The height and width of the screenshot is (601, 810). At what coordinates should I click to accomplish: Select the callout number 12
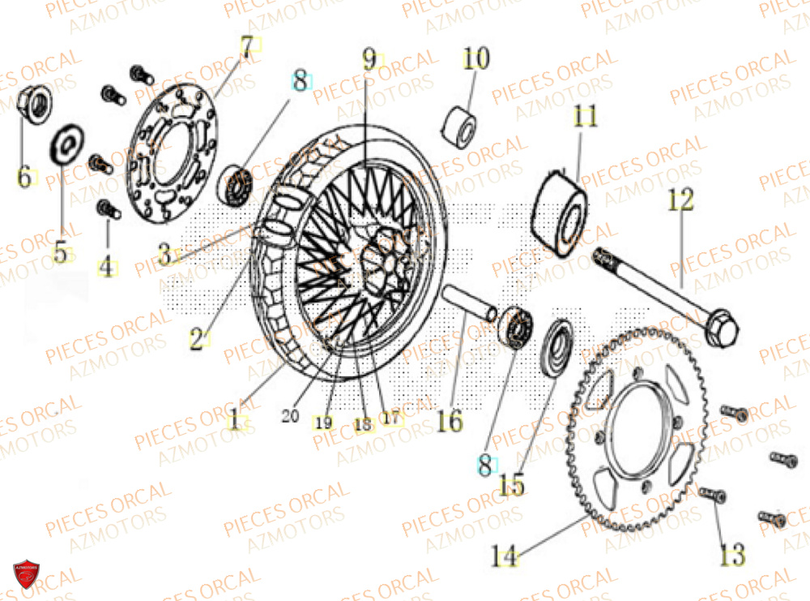pos(680,200)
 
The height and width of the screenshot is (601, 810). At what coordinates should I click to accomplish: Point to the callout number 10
pos(476,58)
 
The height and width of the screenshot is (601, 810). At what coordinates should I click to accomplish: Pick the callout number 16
pos(450,421)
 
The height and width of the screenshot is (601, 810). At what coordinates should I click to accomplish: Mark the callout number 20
pos(290,416)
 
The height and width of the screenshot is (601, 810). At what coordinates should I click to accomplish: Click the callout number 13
pos(732,556)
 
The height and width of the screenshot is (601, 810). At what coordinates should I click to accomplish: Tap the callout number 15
pos(511,486)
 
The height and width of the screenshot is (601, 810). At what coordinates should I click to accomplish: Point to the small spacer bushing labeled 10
pos(458,125)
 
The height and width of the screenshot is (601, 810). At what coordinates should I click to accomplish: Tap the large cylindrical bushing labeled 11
pos(561,213)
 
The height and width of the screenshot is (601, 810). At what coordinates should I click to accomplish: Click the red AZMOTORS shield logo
pos(27,574)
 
